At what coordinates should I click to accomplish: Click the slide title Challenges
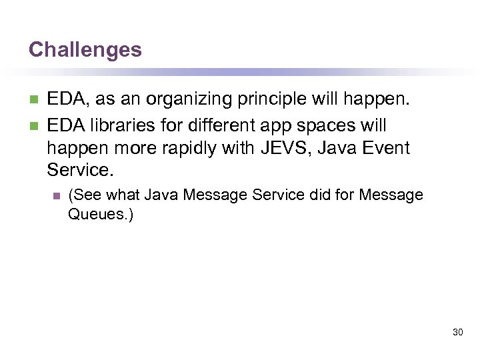coord(85,49)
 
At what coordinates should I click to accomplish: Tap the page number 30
coord(457,331)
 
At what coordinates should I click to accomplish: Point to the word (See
coord(85,195)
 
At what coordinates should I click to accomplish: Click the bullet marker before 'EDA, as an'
coord(34,101)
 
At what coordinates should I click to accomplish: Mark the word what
coord(122,195)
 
